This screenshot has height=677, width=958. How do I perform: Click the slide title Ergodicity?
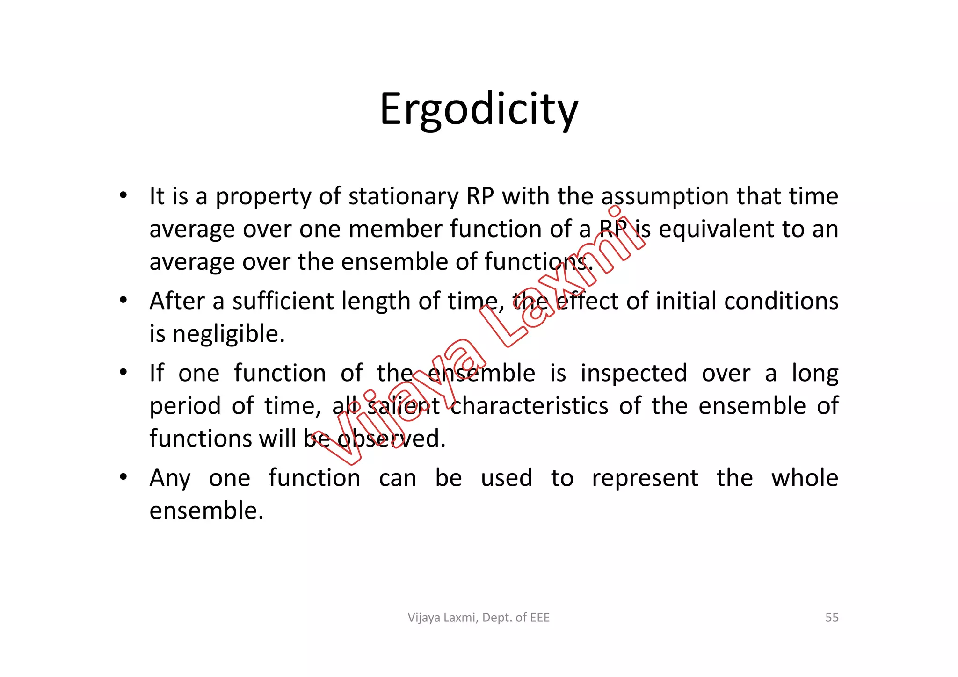[x=479, y=109]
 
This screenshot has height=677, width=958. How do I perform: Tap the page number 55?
[x=832, y=618]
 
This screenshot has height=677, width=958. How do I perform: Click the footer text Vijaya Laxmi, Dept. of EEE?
[x=479, y=618]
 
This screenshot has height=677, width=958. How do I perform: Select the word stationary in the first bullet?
[x=403, y=196]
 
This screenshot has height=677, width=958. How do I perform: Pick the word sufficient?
[x=283, y=301]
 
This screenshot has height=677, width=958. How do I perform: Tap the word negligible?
[x=228, y=334]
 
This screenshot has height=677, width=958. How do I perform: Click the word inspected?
[x=634, y=373]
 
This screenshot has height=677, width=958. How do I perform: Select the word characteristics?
[x=530, y=406]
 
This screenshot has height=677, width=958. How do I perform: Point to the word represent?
[x=645, y=478]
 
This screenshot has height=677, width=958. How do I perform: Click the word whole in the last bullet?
[x=805, y=478]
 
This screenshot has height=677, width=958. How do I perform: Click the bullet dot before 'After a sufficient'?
[x=123, y=300]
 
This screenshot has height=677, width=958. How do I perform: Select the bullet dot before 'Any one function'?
[x=123, y=477]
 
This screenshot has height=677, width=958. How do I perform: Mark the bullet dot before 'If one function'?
[x=123, y=373]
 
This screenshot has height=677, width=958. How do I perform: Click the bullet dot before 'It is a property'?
[x=123, y=195]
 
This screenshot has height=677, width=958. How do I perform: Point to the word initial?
[x=686, y=301]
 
